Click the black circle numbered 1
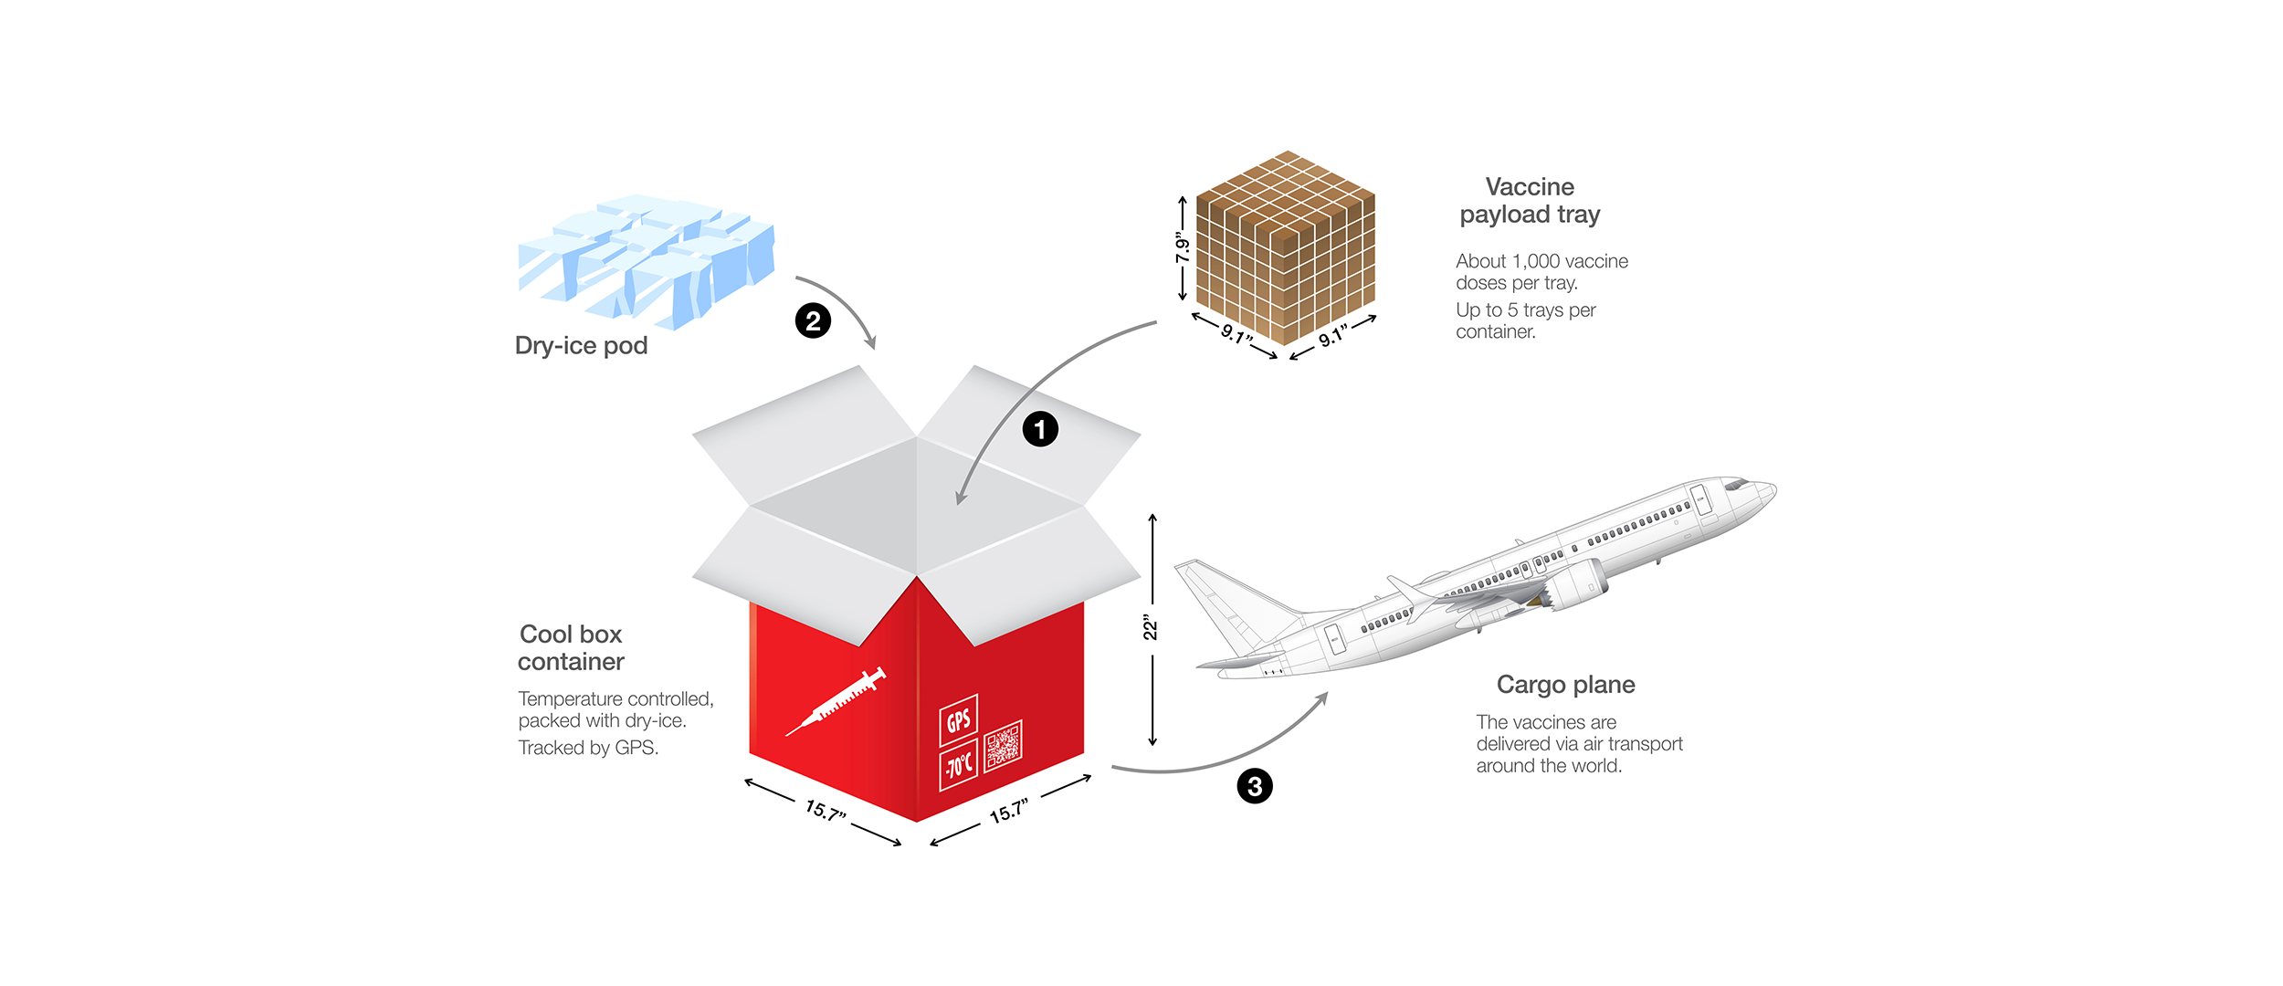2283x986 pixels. [x=1039, y=429]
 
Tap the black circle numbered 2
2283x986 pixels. [x=813, y=320]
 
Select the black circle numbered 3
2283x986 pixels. [x=1255, y=786]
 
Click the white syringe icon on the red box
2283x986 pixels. [x=836, y=701]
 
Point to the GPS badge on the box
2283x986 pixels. [x=958, y=720]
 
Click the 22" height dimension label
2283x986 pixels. [x=1151, y=629]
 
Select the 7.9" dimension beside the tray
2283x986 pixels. [x=1183, y=246]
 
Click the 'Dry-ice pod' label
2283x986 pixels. [x=581, y=346]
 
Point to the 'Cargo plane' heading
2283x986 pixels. [x=1565, y=685]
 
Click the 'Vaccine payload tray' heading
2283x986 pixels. [x=1530, y=201]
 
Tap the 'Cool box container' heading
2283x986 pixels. [x=571, y=647]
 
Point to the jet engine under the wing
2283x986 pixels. [x=1575, y=585]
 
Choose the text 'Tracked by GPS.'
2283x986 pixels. [x=588, y=748]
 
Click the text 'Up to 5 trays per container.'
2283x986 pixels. [x=1525, y=320]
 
